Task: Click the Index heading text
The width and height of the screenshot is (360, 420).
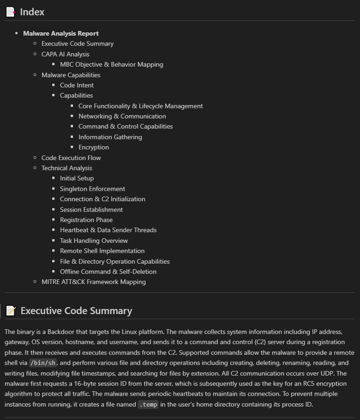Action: (32, 12)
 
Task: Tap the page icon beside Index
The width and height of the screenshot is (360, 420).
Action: (11, 12)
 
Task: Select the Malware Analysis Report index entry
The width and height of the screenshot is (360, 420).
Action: (61, 33)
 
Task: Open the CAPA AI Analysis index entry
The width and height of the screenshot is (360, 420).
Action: (65, 54)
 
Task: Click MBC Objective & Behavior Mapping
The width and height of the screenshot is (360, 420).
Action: (111, 64)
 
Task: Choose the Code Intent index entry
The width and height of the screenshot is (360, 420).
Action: (77, 85)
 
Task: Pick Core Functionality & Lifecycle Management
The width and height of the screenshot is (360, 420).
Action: (140, 106)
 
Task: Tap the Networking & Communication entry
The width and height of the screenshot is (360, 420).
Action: (122, 116)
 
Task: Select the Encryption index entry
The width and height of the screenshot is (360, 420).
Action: (94, 147)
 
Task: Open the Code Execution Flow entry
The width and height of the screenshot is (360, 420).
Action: (71, 158)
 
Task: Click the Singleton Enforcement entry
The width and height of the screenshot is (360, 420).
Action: (92, 189)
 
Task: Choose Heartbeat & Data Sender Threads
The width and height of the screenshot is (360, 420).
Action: (108, 230)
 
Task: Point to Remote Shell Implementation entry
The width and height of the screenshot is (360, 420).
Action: (102, 251)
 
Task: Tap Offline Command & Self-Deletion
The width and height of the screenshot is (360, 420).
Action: (108, 272)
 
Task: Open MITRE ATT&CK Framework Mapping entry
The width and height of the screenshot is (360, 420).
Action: (93, 282)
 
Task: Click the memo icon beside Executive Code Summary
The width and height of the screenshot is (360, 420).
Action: (11, 311)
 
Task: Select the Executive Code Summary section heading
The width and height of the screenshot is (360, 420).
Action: (76, 311)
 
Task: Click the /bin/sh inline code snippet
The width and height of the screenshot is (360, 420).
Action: (42, 363)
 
